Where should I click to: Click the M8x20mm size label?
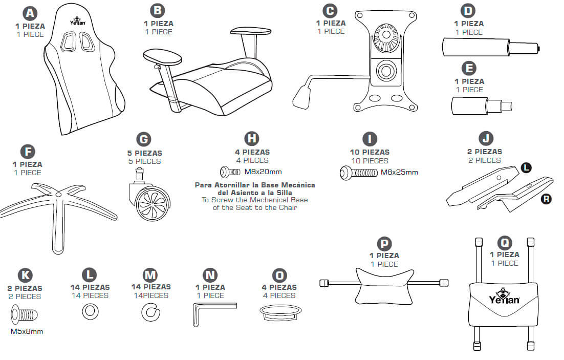pyautogui.click(x=263, y=172)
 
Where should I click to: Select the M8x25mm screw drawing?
pyautogui.click(x=358, y=173)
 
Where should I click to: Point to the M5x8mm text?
pyautogui.click(x=27, y=331)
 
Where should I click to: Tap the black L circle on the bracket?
pyautogui.click(x=526, y=167)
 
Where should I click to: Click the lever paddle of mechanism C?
pyautogui.click(x=303, y=95)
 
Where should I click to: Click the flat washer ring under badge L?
pyautogui.click(x=90, y=310)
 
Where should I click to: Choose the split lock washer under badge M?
pyautogui.click(x=150, y=311)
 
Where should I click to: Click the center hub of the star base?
pyautogui.click(x=59, y=195)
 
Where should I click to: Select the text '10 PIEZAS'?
pyautogui.click(x=368, y=152)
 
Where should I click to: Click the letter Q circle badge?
pyautogui.click(x=505, y=241)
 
